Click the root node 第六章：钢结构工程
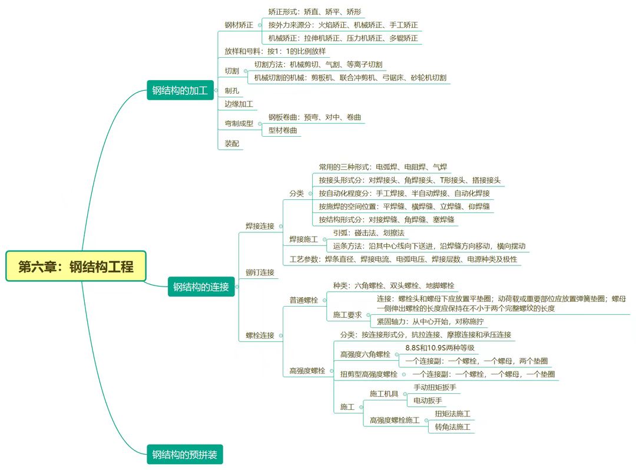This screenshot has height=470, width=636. (76, 267)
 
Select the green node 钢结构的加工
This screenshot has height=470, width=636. (180, 91)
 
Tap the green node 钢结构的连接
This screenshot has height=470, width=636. (201, 287)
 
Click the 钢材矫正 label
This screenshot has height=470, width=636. (238, 25)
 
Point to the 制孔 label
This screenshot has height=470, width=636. (231, 91)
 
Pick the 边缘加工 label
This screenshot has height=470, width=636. (238, 104)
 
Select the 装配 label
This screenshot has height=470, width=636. (231, 143)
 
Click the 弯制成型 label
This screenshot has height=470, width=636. (238, 123)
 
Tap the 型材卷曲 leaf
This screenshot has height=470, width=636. (283, 130)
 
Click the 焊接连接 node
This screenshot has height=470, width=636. (260, 226)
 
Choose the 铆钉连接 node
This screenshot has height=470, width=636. (260, 272)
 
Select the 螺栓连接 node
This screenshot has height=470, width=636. (260, 336)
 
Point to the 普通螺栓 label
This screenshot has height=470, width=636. (303, 300)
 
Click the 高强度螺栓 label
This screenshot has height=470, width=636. (307, 371)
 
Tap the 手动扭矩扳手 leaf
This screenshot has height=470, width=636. (435, 387)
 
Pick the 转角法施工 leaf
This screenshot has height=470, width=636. (452, 426)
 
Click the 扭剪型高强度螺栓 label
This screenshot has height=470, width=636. (369, 374)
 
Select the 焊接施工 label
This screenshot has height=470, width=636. (303, 239)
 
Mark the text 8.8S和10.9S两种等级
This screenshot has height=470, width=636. (439, 348)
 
